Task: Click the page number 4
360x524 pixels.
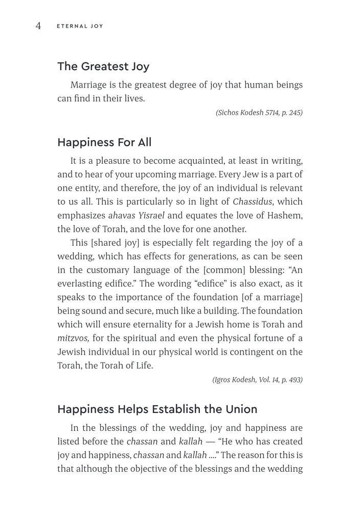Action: (38, 26)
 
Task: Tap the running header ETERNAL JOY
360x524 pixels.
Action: (80, 26)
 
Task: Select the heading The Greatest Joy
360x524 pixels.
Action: (103, 66)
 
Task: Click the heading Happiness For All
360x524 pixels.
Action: (104, 142)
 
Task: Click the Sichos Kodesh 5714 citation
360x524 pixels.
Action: (259, 113)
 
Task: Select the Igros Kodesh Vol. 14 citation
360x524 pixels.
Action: (257, 380)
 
